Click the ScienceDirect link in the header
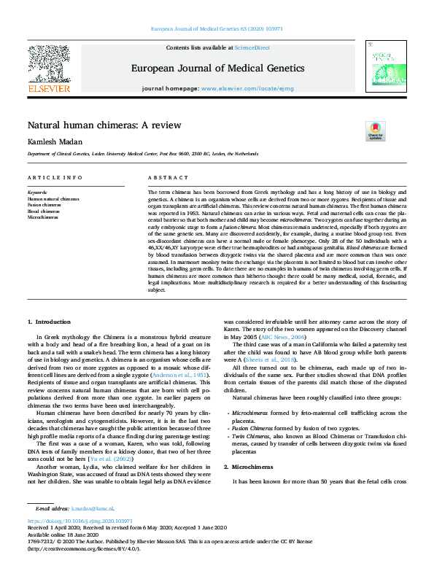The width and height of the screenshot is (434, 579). click(252, 47)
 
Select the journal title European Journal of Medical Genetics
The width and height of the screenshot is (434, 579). click(217, 69)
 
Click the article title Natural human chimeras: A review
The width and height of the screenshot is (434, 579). click(104, 125)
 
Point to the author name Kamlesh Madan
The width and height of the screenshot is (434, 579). click(55, 141)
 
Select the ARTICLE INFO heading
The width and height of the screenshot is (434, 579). click(55, 178)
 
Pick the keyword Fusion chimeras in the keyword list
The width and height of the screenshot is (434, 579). click(45, 205)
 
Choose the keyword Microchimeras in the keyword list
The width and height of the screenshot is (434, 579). click(43, 217)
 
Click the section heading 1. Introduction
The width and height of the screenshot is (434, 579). click(49, 322)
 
